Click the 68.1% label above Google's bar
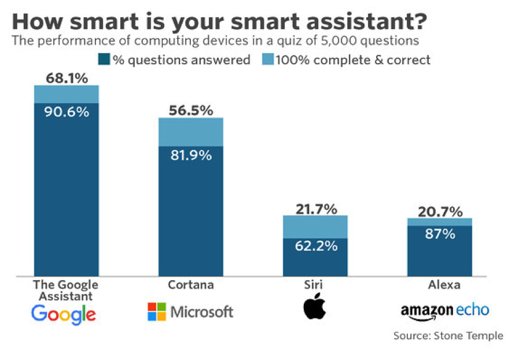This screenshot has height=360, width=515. coord(67,78)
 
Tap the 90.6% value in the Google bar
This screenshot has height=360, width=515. coord(67,112)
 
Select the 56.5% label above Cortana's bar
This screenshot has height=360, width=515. coord(191,111)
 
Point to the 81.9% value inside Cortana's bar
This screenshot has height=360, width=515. coord(191,156)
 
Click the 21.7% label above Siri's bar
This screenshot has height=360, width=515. coord(316,209)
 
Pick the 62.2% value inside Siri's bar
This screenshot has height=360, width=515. coord(316,246)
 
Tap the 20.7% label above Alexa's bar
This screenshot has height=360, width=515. coord(440,211)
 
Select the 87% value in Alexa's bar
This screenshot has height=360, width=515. coord(440,234)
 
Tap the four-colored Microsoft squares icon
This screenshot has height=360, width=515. coord(157,312)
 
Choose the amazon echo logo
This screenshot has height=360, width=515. coord(444,311)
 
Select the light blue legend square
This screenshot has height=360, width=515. coord(267,60)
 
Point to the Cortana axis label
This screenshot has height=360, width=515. coord(191,285)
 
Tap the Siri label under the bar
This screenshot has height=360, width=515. coord(315,285)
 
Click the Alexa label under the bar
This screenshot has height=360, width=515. coord(440,285)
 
